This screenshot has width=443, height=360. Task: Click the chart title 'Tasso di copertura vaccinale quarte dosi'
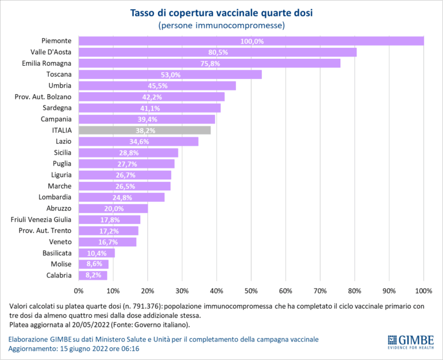(x=221, y=13)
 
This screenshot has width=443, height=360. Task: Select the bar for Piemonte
(x=251, y=41)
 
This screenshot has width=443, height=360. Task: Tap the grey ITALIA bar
(x=145, y=130)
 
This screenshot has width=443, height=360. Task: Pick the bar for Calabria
(x=93, y=275)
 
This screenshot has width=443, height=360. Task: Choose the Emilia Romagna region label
(x=47, y=63)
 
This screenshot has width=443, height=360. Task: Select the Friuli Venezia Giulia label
(x=41, y=220)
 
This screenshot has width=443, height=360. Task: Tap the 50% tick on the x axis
(x=251, y=290)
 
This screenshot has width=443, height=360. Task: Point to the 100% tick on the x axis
(x=423, y=290)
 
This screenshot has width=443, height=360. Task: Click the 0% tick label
(x=79, y=290)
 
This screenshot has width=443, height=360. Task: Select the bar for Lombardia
(x=121, y=197)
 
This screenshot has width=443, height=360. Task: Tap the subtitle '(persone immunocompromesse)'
(x=221, y=25)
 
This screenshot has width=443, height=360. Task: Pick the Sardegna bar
(x=149, y=108)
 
